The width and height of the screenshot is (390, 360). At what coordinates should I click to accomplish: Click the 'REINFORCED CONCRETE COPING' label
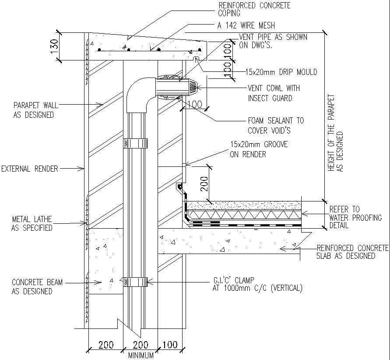pyautogui.click(x=254, y=9)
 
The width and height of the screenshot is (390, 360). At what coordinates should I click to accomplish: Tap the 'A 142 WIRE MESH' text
pyautogui.click(x=246, y=26)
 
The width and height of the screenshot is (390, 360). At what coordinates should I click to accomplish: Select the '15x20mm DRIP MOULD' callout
pyautogui.click(x=281, y=72)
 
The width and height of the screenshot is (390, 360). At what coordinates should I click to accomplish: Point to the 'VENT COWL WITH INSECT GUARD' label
pyautogui.click(x=270, y=93)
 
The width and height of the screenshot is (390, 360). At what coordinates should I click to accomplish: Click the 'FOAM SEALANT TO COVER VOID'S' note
pyautogui.click(x=275, y=125)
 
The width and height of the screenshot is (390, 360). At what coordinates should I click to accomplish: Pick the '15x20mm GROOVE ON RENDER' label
pyautogui.click(x=259, y=149)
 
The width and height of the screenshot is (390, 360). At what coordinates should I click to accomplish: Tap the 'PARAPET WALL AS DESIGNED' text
pyautogui.click(x=33, y=110)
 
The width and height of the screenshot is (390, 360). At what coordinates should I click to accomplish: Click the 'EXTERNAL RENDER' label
pyautogui.click(x=29, y=169)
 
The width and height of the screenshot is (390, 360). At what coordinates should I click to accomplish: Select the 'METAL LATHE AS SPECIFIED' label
pyautogui.click(x=32, y=223)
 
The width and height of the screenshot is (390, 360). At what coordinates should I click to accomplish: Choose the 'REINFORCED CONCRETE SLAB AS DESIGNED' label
pyautogui.click(x=352, y=252)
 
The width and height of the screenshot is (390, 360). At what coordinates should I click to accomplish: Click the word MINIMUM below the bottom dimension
pyautogui.click(x=141, y=355)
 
